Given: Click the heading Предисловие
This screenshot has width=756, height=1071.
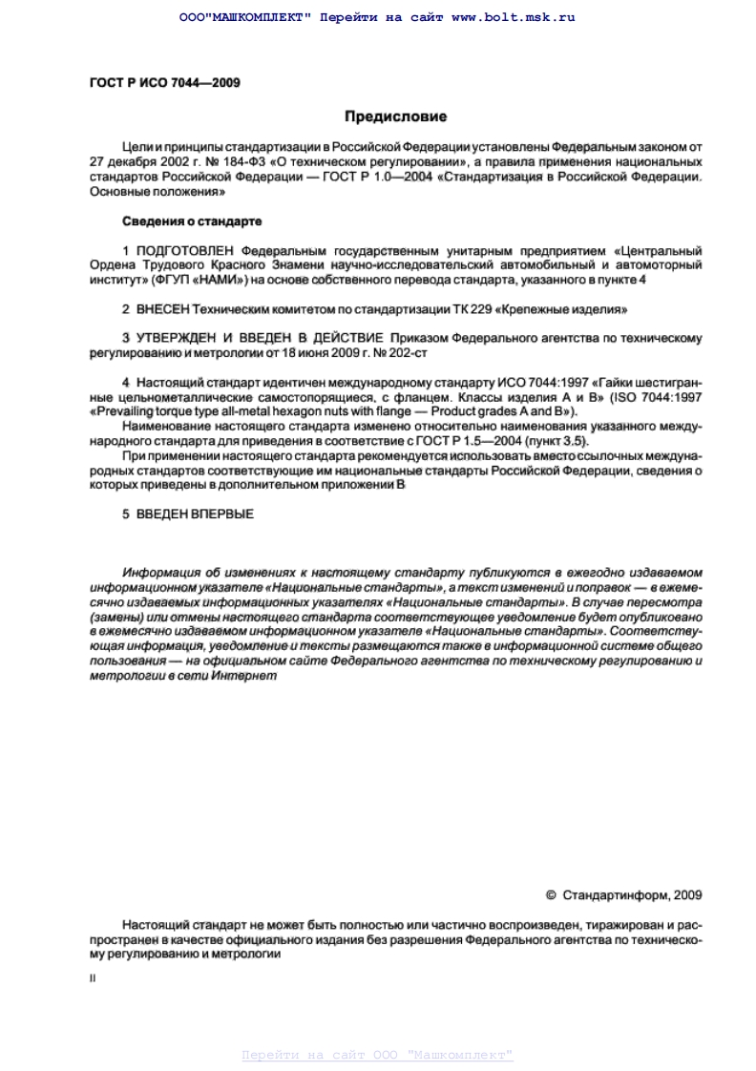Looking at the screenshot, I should [x=395, y=117].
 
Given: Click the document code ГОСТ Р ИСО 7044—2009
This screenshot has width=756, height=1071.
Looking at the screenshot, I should [x=152, y=82].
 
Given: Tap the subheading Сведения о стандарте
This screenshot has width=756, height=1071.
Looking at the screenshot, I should [x=192, y=221].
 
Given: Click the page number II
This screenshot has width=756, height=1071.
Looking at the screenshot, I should [x=94, y=978].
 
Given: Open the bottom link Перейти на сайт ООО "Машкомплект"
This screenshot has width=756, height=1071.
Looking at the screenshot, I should [x=377, y=1055].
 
